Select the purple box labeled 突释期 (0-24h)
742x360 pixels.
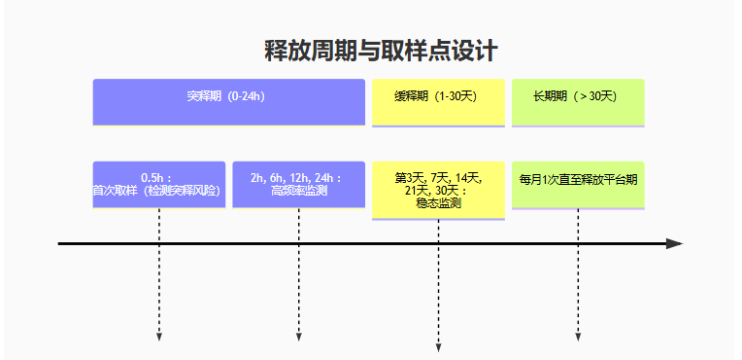228,101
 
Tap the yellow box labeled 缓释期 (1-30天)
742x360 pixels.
437,101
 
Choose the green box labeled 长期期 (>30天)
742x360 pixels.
577,101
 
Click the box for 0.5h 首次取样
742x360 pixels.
158,184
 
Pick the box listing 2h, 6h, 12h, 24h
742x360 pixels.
298,184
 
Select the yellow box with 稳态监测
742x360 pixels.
437,190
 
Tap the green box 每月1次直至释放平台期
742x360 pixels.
577,184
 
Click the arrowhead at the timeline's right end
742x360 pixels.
676,243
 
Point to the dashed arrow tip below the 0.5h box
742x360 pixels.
158,338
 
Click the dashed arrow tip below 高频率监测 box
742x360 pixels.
298,338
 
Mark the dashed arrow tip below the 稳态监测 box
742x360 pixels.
438,347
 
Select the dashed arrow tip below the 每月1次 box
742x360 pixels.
578,338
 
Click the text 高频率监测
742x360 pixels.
298,191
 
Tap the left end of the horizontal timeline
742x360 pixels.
60,243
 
